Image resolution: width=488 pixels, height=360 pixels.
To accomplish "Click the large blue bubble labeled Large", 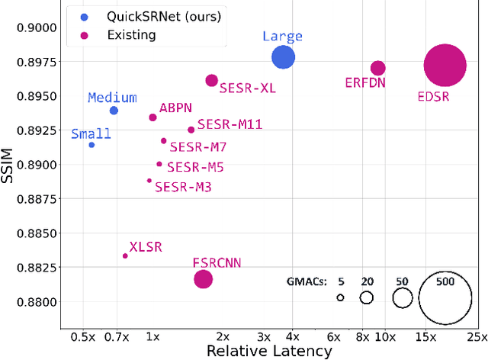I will [283, 57].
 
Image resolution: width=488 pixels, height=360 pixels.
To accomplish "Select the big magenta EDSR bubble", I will [444, 66].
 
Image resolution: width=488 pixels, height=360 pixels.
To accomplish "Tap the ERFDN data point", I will [377, 68].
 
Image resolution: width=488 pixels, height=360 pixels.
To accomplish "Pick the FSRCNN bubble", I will [203, 279].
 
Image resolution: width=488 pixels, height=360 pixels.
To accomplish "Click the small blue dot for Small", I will [91, 145].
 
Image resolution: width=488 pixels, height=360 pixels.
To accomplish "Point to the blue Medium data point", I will [114, 111].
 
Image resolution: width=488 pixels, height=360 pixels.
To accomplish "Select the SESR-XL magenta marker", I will [211, 80].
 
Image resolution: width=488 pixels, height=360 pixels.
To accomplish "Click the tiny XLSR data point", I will [125, 256].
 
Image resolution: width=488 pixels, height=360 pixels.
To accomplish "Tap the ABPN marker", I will [152, 117].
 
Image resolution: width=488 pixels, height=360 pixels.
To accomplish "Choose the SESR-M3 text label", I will [183, 187].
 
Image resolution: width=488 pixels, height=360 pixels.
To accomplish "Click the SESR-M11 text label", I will [230, 124].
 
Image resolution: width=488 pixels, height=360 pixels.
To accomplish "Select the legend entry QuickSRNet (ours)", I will [145, 16].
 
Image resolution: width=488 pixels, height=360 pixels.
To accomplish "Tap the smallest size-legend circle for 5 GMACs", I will [340, 297].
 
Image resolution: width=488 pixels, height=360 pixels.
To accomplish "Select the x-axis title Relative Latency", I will [269, 351].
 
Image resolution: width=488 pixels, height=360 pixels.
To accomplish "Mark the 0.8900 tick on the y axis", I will [37, 165].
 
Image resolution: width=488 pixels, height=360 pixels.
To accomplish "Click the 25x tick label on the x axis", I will [477, 336].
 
